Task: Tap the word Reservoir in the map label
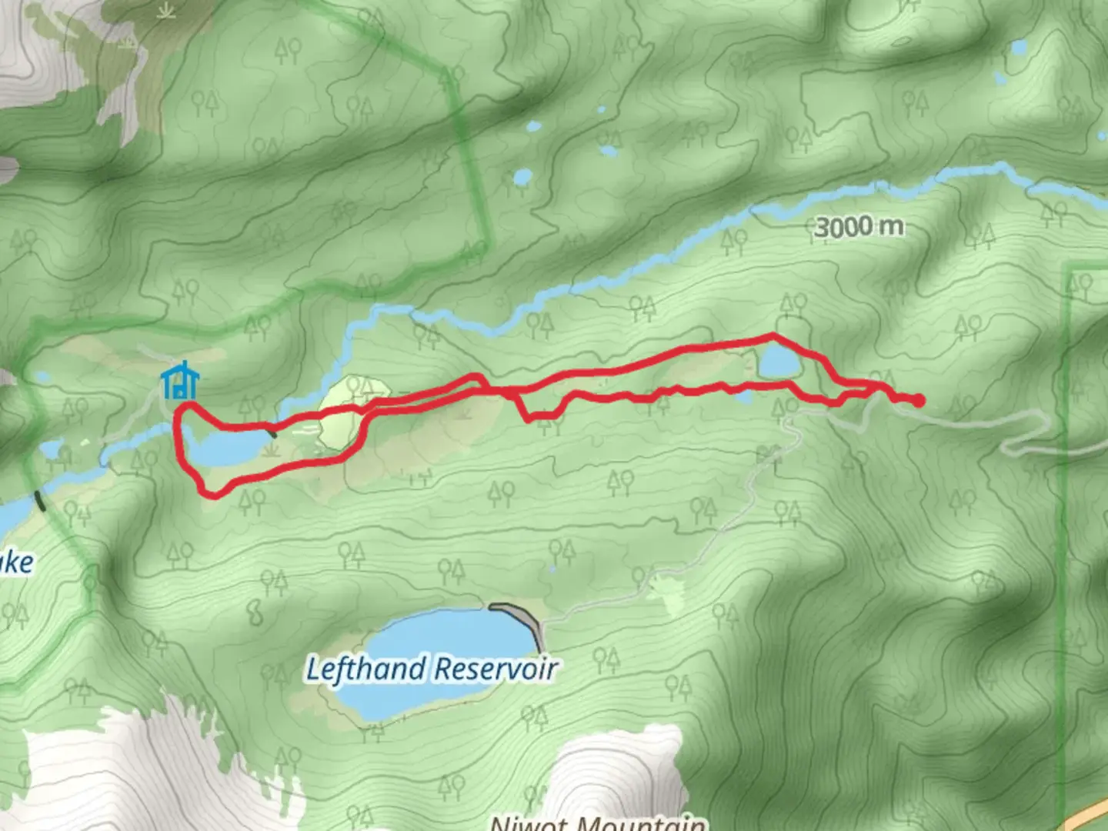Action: coord(495,669)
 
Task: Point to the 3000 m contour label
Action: coord(859,227)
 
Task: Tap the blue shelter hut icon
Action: coord(181,382)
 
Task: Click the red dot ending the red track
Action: coord(918,400)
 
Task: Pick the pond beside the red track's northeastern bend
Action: coord(779,362)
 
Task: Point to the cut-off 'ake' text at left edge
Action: coord(17,562)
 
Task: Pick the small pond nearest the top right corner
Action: coord(1020,48)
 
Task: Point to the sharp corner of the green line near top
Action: coord(446,72)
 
